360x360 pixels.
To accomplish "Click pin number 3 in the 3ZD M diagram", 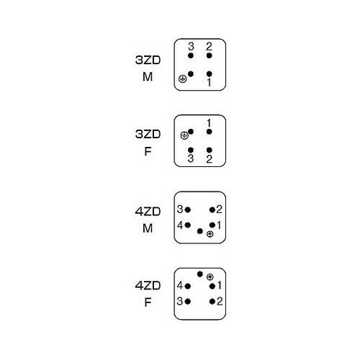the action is point(191,55).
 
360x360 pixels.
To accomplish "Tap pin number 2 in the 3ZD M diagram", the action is point(210,55).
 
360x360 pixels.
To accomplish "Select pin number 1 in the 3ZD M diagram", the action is point(210,73).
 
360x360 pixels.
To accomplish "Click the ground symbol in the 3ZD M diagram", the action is point(183,78).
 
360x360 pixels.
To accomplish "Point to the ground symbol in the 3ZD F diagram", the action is point(184,135).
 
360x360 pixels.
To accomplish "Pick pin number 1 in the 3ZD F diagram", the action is point(210,132).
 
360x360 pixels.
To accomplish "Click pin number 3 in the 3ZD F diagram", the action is point(191,150).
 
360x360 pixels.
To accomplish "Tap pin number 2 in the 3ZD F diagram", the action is point(210,150).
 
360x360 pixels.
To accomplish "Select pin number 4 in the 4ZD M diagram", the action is point(188,225).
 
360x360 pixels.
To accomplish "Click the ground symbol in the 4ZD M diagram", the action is point(210,234).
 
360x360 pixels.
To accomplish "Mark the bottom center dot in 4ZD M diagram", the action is point(200,231).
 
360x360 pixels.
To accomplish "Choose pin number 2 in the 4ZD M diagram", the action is point(212,210).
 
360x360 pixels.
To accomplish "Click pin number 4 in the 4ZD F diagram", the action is point(188,286).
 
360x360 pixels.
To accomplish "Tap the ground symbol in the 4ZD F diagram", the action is point(210,277).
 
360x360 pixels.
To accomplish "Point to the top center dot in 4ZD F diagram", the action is point(200,274).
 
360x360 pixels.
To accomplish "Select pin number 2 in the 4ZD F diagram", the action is point(212,302).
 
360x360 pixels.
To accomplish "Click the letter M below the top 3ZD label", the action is point(148,77).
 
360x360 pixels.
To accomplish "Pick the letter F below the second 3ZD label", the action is point(148,151).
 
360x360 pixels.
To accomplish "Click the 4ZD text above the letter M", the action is point(148,212).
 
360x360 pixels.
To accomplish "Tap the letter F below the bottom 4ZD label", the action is point(148,302).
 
